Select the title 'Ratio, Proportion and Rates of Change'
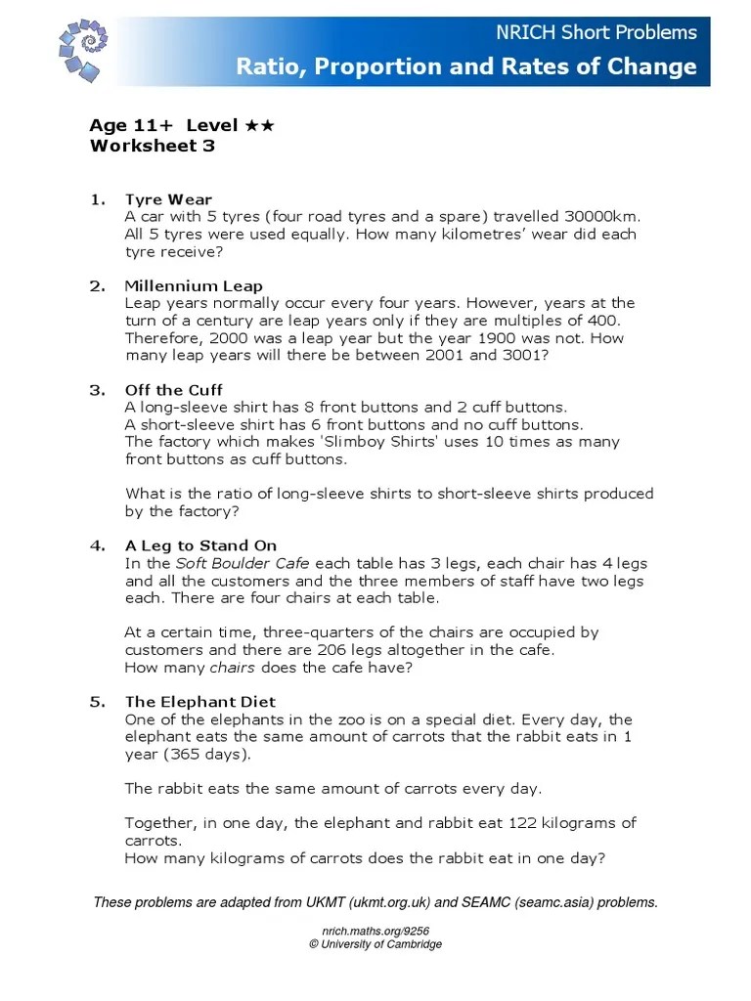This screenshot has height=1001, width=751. [x=466, y=66]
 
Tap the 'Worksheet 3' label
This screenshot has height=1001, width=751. [x=152, y=146]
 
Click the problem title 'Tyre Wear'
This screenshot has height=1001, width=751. [x=168, y=199]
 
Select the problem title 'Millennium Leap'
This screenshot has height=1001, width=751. [x=194, y=286]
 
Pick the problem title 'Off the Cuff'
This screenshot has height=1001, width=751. [x=174, y=390]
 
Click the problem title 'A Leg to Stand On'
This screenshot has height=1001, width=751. [x=200, y=545]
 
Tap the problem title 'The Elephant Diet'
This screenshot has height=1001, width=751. [x=200, y=702]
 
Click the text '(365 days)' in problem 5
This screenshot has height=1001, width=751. [x=207, y=754]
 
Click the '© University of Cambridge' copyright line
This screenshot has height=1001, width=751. [x=375, y=944]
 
